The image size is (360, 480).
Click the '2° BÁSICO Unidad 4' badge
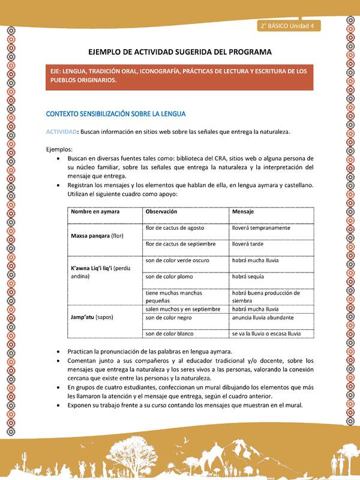click(290, 26)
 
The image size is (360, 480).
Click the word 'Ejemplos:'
click(59, 149)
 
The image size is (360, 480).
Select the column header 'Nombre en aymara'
click(95, 212)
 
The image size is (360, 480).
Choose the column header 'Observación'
click(161, 212)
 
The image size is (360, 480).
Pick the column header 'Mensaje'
click(242, 212)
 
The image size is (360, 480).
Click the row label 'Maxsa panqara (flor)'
click(97, 236)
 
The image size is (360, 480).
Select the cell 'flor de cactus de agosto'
click(175, 228)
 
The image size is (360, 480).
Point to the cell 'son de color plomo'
click(169, 277)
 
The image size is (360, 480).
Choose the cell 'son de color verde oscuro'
click(177, 260)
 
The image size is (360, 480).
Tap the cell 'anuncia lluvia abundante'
click(263, 317)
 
